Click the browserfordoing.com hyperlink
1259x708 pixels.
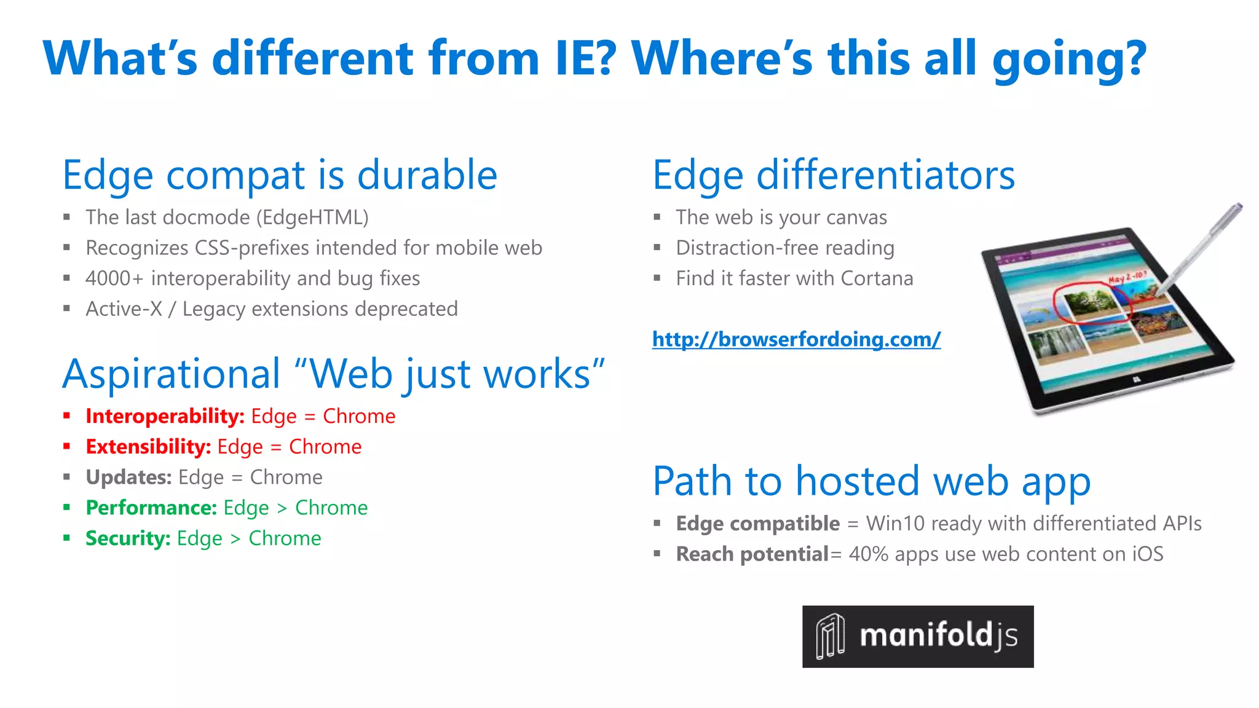point(796,339)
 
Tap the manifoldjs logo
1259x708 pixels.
point(917,636)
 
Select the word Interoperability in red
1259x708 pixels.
point(165,417)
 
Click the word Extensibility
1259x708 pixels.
point(148,447)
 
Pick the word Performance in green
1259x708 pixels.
point(151,508)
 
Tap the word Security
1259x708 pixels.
point(128,538)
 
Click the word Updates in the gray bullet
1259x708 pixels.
point(128,478)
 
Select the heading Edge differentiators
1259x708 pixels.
point(833,176)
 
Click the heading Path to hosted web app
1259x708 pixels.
point(871,481)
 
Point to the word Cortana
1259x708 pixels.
point(877,278)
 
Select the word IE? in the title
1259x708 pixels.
point(585,58)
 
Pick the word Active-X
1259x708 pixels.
point(124,309)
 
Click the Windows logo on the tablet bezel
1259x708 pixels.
point(1136,381)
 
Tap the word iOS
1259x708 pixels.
point(1147,554)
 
